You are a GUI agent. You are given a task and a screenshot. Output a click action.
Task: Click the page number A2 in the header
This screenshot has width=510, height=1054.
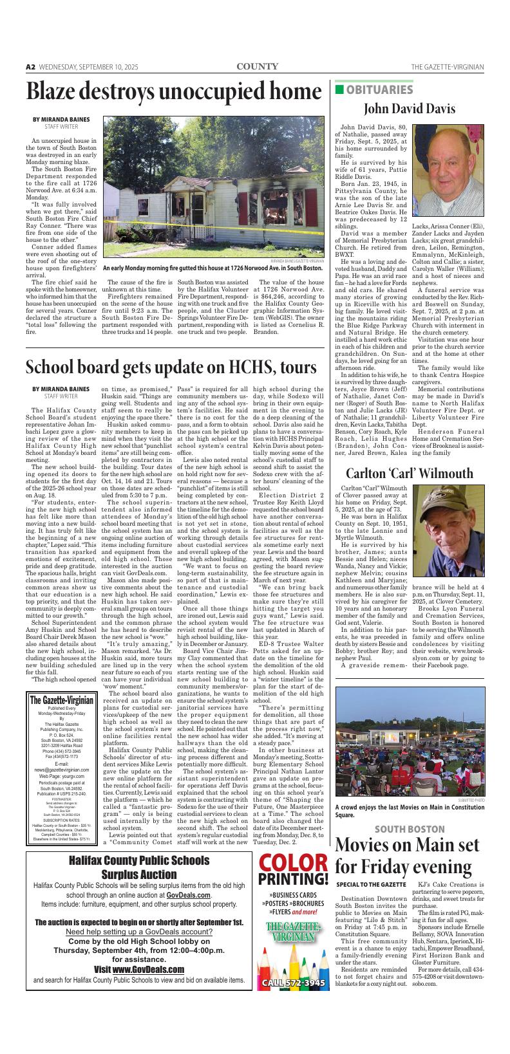[x=30, y=67]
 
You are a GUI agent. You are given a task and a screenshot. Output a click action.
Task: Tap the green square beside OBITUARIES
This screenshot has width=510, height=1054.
[x=339, y=89]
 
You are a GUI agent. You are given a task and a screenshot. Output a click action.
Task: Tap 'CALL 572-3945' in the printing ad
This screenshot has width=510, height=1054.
[x=293, y=983]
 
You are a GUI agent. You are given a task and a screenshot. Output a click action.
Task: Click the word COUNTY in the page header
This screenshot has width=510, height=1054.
[x=257, y=66]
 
